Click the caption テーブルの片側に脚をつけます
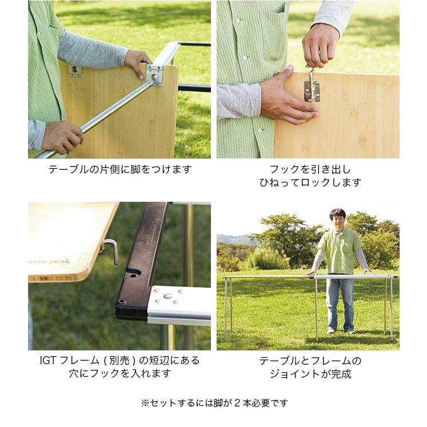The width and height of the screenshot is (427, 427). coord(119,169)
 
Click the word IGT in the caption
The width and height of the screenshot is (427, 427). coord(47,361)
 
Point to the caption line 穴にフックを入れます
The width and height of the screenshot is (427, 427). coord(119,374)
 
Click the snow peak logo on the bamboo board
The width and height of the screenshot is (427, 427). coord(50,261)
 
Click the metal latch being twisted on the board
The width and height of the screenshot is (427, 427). coord(312,86)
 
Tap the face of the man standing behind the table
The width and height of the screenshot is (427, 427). coord(338,219)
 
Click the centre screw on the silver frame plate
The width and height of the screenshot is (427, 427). coord(168,296)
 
